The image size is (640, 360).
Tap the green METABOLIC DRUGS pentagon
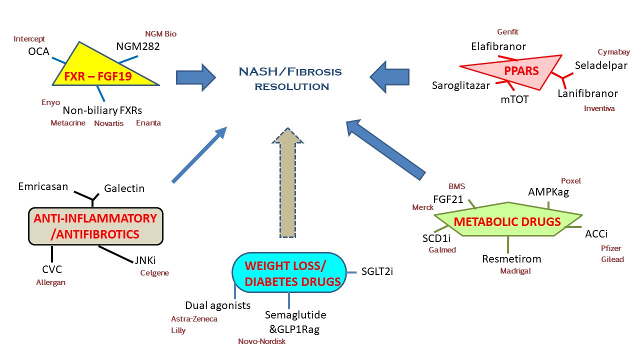[507, 221]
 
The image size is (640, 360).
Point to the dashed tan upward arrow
[287, 182]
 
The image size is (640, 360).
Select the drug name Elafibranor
[498, 46]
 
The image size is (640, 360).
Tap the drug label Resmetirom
[511, 259]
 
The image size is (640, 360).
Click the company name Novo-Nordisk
[261, 341]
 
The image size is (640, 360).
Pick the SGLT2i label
[377, 272]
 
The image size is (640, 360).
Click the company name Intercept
[29, 38]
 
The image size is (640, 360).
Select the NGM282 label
[138, 46]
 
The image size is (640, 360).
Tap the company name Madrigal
[515, 271]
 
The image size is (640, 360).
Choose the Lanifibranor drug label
[587, 93]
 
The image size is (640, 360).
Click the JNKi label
[144, 260]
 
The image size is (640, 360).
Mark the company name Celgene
[154, 273]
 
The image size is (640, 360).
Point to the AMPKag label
[548, 192]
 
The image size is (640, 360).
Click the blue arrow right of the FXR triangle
[195, 77]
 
